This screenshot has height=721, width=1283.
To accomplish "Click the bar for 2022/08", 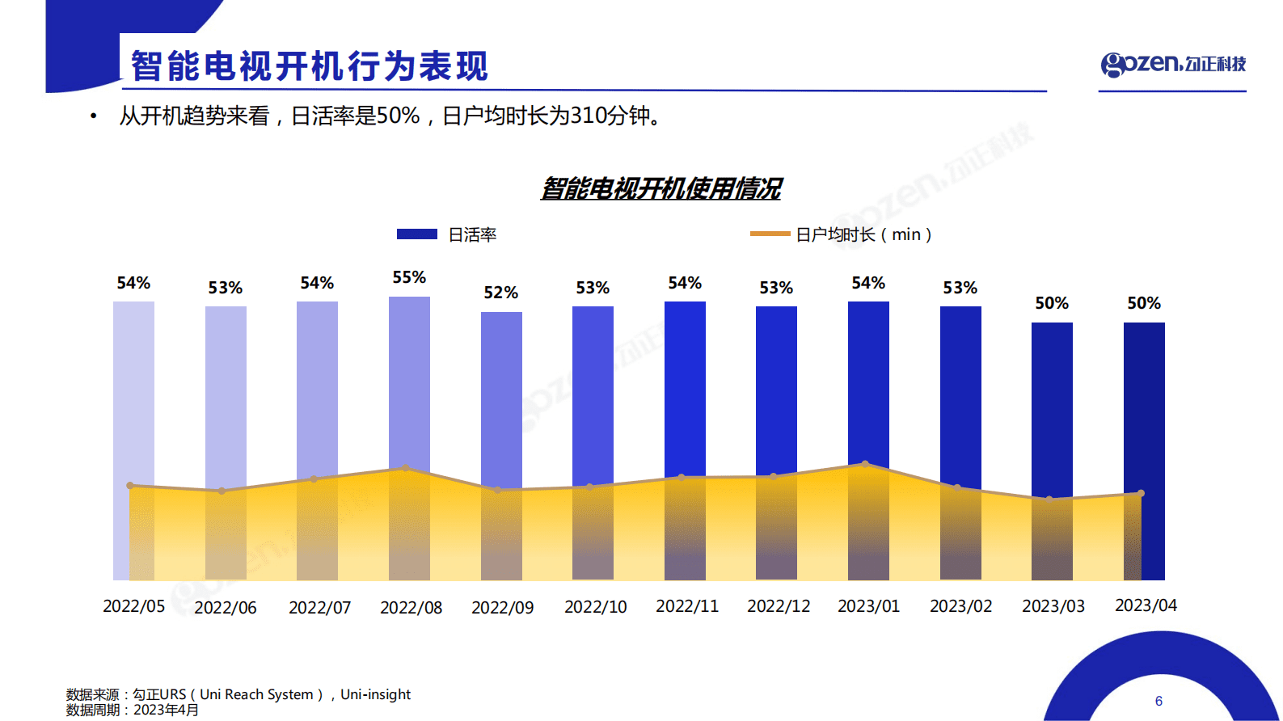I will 409,380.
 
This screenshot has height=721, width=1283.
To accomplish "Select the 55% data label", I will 409,277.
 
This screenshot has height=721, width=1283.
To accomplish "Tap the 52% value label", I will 500,293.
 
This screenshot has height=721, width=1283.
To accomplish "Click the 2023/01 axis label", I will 868,606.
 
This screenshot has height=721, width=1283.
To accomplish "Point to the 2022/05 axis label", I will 133,606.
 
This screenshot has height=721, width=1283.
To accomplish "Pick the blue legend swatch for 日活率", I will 417,234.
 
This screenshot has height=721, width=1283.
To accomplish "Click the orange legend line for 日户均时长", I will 770,234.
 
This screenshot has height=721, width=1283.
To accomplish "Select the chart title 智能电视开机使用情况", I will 660,188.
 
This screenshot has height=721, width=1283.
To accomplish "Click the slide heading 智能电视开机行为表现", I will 310,66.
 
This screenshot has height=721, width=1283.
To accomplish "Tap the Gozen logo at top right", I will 1172,64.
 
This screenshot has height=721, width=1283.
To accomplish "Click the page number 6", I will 1158,701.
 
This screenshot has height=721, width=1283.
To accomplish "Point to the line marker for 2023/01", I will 865,464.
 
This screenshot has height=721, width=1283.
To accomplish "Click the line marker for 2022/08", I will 406,468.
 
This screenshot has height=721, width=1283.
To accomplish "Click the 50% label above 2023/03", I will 1052,303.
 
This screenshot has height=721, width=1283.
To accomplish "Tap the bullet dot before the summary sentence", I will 94,116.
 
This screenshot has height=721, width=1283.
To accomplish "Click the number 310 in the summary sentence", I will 589,116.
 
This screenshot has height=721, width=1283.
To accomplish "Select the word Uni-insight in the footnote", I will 375,694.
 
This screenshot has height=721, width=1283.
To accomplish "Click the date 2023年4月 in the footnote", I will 166,710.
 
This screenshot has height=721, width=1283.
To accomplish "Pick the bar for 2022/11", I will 685,388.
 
